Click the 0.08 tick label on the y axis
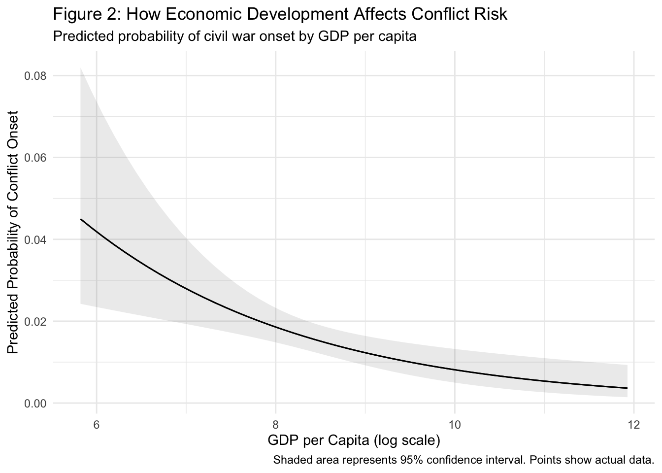35,76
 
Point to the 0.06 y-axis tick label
35,158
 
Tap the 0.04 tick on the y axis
35,239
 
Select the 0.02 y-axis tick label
35,321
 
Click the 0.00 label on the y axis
35,403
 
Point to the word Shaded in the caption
289,461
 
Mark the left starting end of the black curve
81,219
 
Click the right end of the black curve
627,388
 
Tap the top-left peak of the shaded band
81,68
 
